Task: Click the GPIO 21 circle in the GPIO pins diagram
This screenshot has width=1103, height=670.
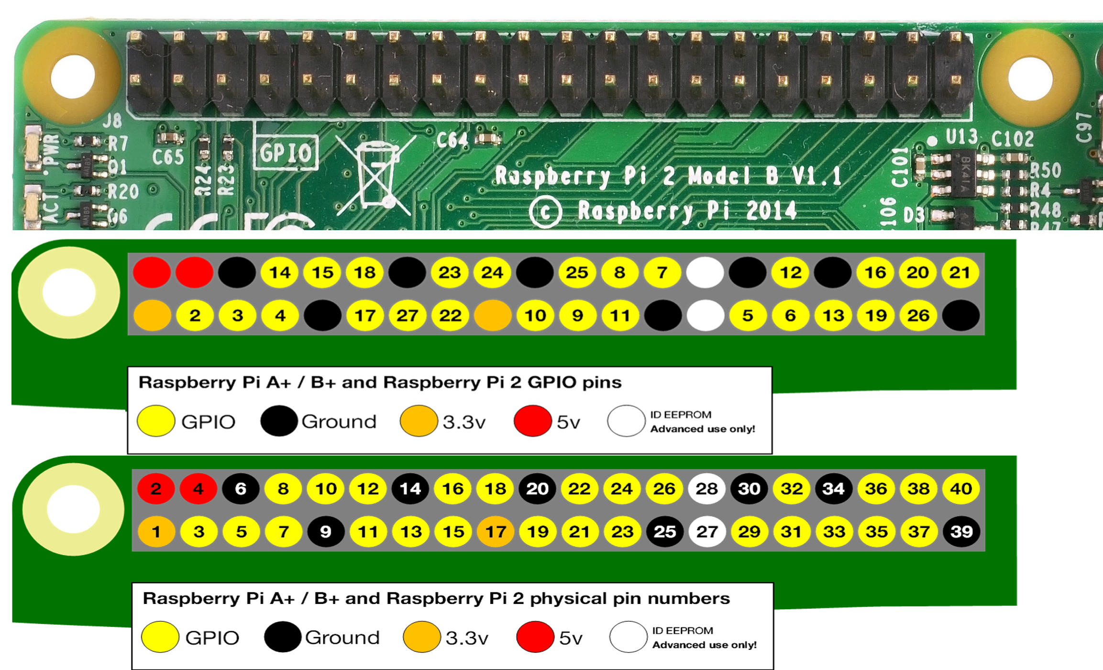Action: (960, 272)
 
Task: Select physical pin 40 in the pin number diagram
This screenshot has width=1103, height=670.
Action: (961, 489)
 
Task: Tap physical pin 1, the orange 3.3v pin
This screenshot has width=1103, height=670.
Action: (156, 532)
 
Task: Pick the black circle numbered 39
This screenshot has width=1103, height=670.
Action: (961, 532)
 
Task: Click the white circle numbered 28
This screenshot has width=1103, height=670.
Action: (706, 489)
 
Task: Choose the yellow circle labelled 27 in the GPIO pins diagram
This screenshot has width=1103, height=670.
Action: (407, 315)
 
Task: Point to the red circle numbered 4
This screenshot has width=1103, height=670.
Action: (199, 489)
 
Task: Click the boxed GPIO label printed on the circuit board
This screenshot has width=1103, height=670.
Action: (286, 153)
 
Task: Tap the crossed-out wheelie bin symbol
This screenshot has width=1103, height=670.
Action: (375, 175)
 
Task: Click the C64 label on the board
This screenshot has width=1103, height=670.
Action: (452, 140)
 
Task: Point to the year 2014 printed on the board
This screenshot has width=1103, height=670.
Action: (771, 211)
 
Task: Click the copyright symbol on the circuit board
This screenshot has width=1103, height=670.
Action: (545, 212)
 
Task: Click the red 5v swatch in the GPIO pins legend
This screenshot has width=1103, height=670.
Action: (532, 421)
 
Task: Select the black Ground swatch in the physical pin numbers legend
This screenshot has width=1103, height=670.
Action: (282, 637)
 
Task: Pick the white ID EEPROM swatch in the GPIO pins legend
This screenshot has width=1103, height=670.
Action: (626, 421)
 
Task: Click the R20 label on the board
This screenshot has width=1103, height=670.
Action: (123, 192)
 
